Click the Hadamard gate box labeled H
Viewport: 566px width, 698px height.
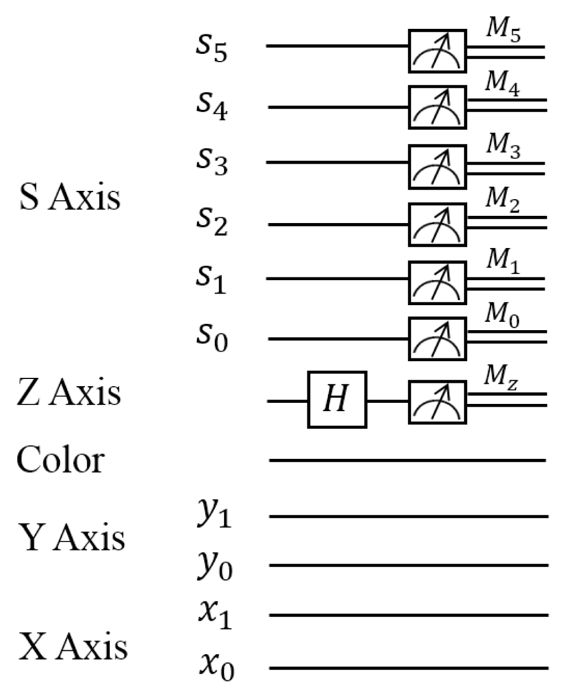(337, 399)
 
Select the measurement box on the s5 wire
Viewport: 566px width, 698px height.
(437, 51)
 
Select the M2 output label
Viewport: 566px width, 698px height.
(503, 203)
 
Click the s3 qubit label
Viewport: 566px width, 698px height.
(211, 161)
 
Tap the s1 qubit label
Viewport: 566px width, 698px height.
(211, 278)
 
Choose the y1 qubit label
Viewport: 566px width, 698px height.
(214, 513)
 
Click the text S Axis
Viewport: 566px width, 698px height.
(69, 198)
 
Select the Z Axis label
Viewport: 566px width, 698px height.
(69, 392)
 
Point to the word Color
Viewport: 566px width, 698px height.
(60, 460)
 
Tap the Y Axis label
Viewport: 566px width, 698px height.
(72, 537)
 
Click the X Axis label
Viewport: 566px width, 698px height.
(73, 647)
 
